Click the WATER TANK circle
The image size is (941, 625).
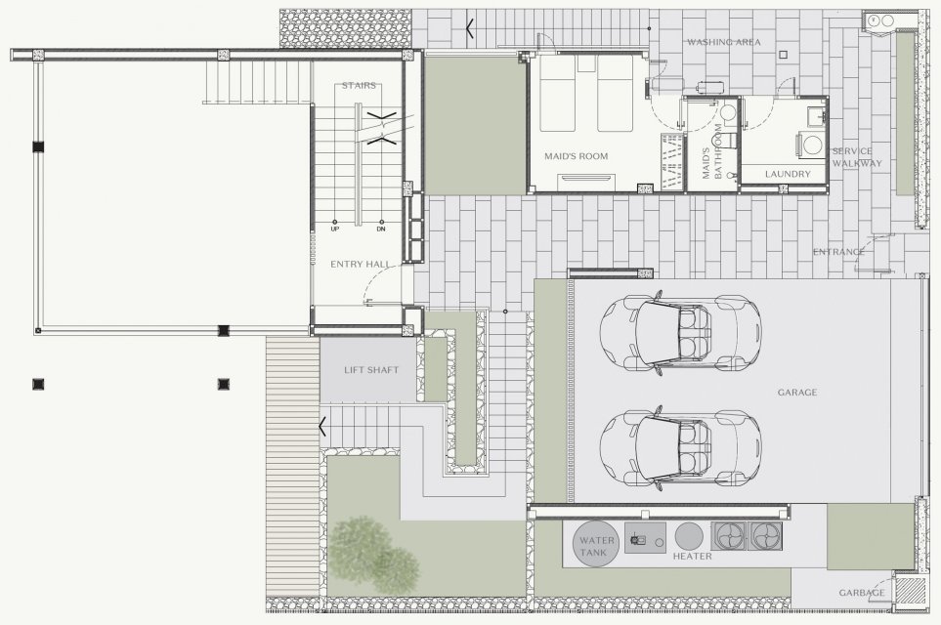click(596, 543)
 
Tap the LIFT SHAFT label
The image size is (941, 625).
click(371, 370)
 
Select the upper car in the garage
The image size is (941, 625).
click(680, 333)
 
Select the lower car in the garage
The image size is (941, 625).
click(680, 449)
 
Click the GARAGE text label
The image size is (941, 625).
click(797, 393)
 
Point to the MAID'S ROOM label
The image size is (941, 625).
click(577, 156)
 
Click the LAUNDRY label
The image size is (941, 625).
click(788, 174)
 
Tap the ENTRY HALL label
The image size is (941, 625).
click(360, 264)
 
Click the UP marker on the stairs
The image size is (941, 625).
click(335, 229)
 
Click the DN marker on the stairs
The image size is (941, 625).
click(381, 229)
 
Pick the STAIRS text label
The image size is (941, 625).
click(359, 86)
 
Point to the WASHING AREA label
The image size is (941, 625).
click(724, 42)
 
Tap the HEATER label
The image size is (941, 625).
click(692, 556)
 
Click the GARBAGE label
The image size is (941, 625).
click(862, 593)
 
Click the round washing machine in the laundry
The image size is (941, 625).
click(813, 146)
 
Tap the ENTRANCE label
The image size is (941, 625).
click(838, 252)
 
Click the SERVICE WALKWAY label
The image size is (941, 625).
click(857, 157)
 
